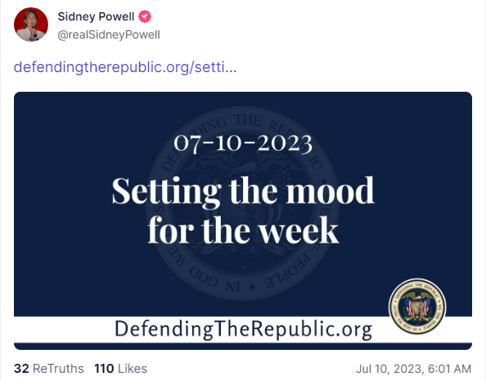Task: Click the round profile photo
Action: point(31,25)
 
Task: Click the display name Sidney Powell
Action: point(96,16)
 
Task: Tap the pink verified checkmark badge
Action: point(145,16)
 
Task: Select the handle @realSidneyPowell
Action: point(109,34)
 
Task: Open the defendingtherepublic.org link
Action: point(125,67)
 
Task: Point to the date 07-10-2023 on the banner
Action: point(243,143)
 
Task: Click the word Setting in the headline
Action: point(166,191)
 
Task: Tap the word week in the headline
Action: point(299,230)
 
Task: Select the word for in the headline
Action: point(171,229)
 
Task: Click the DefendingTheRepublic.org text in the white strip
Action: point(243,329)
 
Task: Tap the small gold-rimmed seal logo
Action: point(417,306)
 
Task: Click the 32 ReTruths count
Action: point(48,369)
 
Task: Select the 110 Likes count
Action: point(120,369)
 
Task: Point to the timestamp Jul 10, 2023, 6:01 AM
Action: point(413,369)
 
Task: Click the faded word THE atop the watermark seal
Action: point(247,120)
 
